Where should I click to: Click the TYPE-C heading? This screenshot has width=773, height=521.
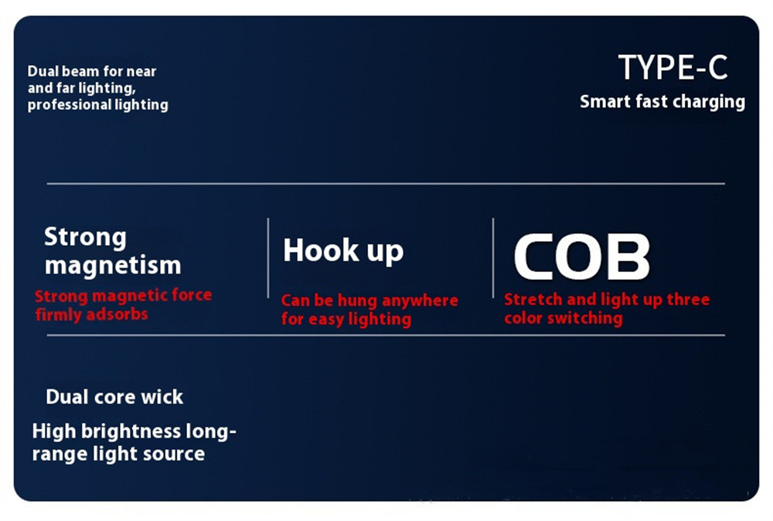pyautogui.click(x=673, y=67)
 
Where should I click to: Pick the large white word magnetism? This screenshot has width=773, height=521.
pyautogui.click(x=113, y=266)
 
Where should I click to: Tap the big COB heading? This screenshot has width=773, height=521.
pyautogui.click(x=582, y=257)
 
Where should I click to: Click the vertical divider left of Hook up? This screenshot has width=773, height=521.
pyautogui.click(x=268, y=257)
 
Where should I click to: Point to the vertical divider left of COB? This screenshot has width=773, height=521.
pyautogui.click(x=493, y=257)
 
